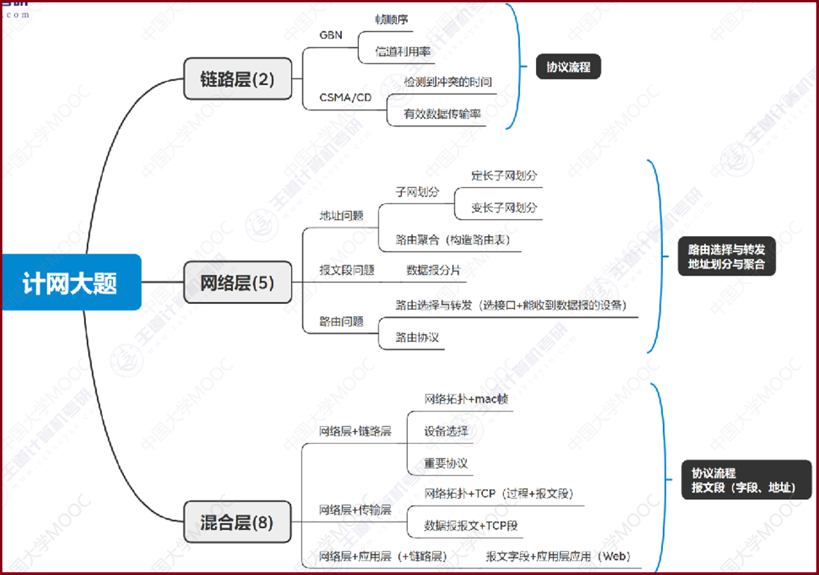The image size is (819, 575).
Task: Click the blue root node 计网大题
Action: [70, 282]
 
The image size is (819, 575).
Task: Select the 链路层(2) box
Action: [237, 79]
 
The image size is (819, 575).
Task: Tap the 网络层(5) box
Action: [237, 282]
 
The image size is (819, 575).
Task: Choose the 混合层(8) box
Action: [237, 522]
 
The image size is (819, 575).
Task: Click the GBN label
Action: [330, 35]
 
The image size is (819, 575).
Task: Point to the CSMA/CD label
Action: [346, 97]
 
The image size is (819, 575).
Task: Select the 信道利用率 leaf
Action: [403, 52]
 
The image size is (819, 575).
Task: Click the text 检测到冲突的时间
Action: [448, 82]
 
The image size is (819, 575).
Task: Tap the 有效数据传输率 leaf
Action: [443, 114]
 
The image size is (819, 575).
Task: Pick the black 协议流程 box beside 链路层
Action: [568, 67]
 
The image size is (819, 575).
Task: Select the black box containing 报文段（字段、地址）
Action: [745, 480]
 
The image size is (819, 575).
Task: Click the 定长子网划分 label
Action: [504, 176]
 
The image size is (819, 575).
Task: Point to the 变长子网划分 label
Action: [504, 208]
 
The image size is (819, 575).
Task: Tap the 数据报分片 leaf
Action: [433, 270]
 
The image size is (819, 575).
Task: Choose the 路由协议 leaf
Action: [417, 337]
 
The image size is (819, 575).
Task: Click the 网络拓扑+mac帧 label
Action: [466, 399]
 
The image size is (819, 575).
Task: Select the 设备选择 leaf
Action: [446, 431]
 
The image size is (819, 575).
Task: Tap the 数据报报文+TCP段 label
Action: [471, 525]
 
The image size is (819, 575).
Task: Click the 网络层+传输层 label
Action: [355, 509]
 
